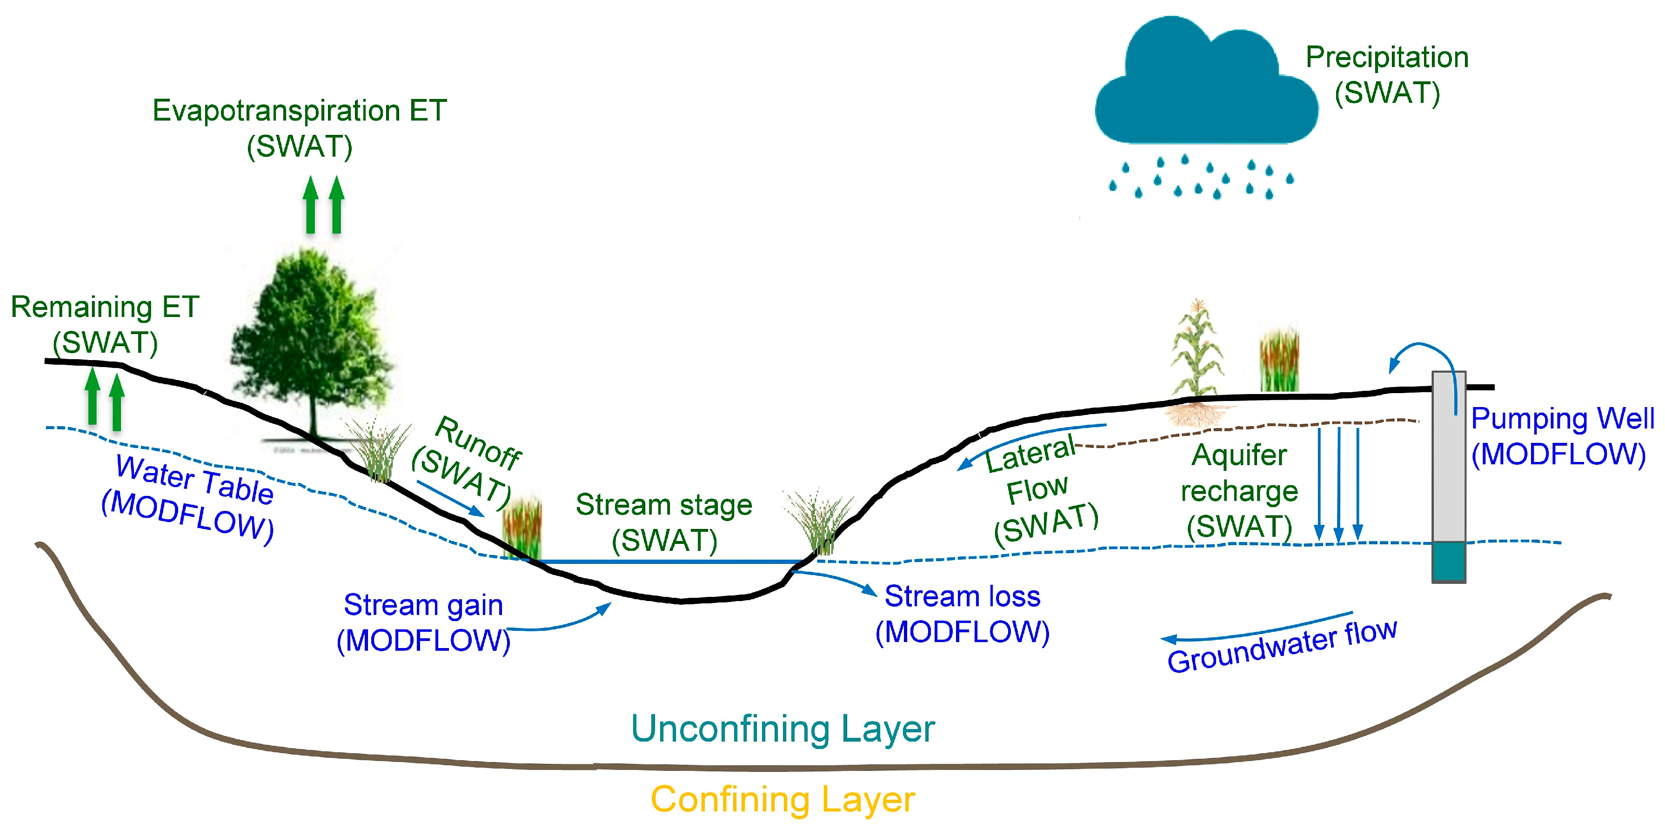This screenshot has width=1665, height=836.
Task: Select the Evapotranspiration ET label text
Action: (x=299, y=111)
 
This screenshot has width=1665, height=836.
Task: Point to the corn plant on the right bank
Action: (x=1197, y=352)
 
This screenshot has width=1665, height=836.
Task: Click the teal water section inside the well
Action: (x=1448, y=561)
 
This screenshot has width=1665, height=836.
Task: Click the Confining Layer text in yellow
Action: (x=782, y=799)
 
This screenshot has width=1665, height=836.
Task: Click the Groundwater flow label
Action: (x=1282, y=647)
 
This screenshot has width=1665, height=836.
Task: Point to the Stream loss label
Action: (x=962, y=596)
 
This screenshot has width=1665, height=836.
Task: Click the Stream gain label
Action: (x=423, y=605)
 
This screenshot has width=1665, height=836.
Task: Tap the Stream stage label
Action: (x=664, y=505)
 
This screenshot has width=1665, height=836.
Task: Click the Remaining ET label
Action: (x=105, y=307)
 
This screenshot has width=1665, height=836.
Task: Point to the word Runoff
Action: (x=478, y=443)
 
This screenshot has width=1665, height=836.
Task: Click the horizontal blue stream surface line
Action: (x=666, y=561)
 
